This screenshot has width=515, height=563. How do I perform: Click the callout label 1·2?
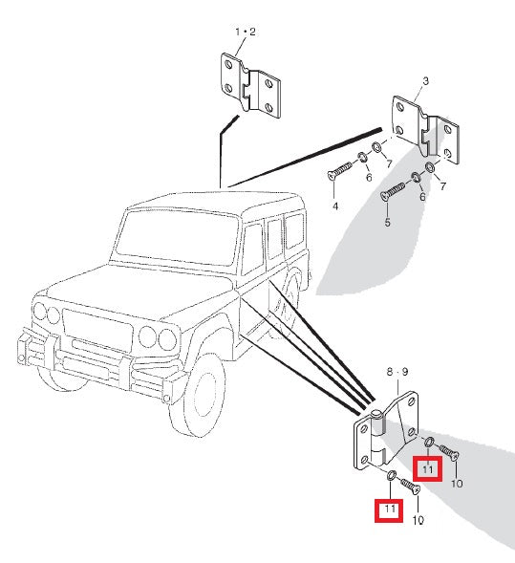click(246, 32)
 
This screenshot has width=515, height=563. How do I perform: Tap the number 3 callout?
click(425, 81)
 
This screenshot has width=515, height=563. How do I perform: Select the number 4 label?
click(335, 206)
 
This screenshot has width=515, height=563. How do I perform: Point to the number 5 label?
click(387, 223)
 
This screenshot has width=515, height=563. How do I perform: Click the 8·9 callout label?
click(397, 372)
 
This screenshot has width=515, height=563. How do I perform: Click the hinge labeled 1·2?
click(250, 85)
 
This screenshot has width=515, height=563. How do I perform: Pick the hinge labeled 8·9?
click(386, 431)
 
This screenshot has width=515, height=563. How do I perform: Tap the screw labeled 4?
click(340, 170)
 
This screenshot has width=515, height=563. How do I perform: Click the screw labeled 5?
click(393, 190)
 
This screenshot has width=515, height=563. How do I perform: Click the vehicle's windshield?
click(178, 237)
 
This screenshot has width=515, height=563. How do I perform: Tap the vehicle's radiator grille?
click(97, 330)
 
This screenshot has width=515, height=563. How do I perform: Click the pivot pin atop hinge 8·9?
click(376, 414)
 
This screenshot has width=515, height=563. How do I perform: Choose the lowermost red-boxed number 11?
click(389, 509)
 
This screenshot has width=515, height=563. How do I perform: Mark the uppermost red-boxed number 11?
click(428, 469)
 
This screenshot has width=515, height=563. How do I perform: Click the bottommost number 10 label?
click(418, 520)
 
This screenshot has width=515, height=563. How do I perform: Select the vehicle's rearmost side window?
click(294, 230)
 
